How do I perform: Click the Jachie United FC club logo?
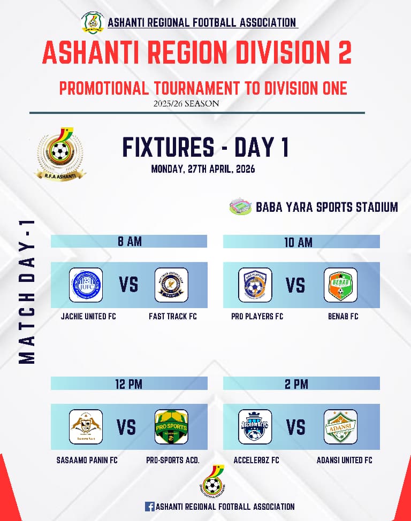(x=86, y=285)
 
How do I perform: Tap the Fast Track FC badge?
(x=171, y=285)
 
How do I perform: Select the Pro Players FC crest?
(x=255, y=285)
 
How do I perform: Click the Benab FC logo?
(x=340, y=285)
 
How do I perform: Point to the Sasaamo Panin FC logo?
(x=86, y=427)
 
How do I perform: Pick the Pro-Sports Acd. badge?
(x=171, y=427)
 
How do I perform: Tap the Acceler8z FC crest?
(x=255, y=427)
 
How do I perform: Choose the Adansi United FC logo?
(x=340, y=427)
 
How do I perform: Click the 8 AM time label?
(x=130, y=242)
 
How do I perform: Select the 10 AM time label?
(x=298, y=242)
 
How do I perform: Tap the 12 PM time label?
(x=129, y=384)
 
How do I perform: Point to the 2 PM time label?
(x=298, y=384)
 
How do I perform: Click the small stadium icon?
(x=240, y=206)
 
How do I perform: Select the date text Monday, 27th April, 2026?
(x=203, y=169)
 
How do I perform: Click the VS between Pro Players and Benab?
(x=295, y=285)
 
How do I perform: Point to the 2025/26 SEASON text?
(x=186, y=103)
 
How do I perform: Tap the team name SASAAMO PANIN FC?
(x=87, y=460)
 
